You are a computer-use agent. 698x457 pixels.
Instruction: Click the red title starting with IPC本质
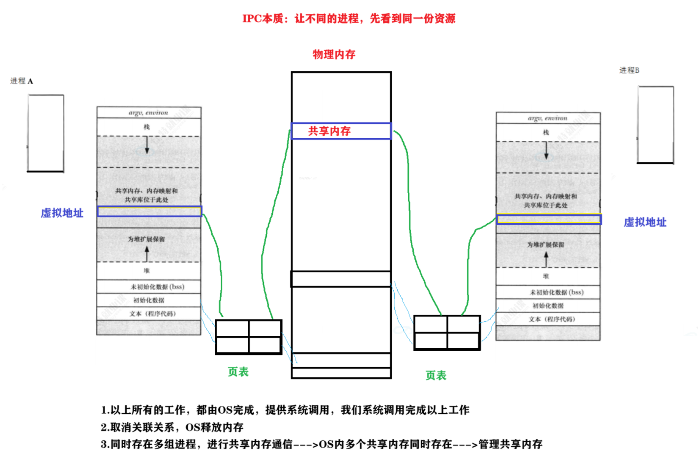[x=349, y=19]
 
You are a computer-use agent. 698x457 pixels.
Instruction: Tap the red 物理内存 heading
[x=334, y=55]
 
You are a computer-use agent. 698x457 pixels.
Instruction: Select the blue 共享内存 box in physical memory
[x=341, y=131]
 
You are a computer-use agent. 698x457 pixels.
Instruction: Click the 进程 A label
[x=22, y=81]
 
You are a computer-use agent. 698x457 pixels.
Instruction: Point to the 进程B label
[x=629, y=70]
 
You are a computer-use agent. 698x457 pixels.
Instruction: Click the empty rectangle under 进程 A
[x=46, y=133]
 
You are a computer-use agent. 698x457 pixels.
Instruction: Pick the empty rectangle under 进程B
[x=655, y=125]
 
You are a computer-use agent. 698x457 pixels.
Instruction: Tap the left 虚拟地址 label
[x=62, y=213]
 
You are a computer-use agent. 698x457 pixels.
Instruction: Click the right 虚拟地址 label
[x=645, y=222]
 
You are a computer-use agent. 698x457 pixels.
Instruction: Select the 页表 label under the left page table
[x=238, y=372]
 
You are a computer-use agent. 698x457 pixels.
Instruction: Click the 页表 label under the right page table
[x=436, y=375]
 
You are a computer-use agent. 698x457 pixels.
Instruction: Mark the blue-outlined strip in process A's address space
[x=149, y=211]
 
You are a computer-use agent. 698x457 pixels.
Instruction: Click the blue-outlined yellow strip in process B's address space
[x=549, y=219]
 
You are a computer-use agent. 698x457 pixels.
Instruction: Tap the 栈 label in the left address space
[x=146, y=127]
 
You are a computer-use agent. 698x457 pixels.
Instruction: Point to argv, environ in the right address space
[x=548, y=118]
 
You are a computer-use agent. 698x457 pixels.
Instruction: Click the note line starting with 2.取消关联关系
[x=172, y=427]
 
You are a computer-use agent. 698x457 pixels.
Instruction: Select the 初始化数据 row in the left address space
[x=148, y=300]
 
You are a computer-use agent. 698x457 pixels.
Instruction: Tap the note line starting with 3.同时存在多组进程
[x=321, y=444]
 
